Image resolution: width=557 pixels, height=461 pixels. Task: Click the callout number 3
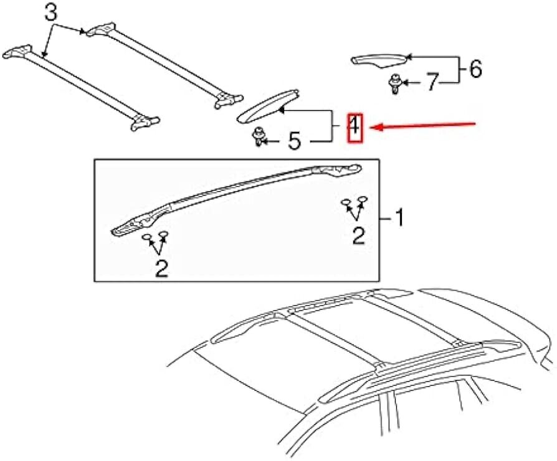pos(51,14)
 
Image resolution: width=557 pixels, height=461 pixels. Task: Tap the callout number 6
pos(475,69)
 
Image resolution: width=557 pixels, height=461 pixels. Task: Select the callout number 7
pos(431,82)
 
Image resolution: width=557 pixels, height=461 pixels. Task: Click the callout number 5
pos(295,141)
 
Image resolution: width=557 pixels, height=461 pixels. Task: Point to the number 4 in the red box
pos(355,128)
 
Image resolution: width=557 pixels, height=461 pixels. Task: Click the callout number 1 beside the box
pos(399,217)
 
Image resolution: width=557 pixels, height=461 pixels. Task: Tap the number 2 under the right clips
pos(358,236)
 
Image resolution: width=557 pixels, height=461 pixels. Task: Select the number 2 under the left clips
pos(161,269)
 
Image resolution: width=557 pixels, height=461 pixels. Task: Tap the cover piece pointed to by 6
pos(379,60)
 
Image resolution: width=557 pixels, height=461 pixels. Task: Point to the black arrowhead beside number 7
pos(405,83)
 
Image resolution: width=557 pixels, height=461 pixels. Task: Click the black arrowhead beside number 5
pos(264,141)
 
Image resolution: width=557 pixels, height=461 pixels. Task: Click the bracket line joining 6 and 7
pos(459,70)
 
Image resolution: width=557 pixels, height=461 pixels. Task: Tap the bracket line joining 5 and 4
pos(332,126)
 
